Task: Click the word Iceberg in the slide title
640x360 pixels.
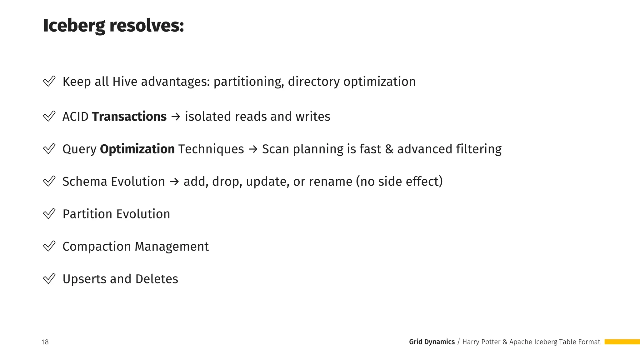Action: (74, 26)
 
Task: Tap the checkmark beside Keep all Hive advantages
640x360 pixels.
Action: (49, 81)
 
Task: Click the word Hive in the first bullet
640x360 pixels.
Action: (125, 82)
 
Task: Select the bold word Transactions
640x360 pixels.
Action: (129, 117)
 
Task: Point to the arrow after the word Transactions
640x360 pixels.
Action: (176, 117)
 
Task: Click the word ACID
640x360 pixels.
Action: (75, 117)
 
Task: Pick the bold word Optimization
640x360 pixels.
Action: (137, 149)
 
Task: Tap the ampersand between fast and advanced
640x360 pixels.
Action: (389, 149)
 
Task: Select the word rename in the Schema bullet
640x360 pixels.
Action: (331, 182)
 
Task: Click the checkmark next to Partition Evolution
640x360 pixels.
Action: (49, 214)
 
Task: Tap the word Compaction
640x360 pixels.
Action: (97, 247)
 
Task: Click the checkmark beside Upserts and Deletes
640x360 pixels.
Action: (49, 279)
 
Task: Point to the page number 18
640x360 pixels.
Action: (45, 342)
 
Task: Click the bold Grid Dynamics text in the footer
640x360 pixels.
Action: (432, 342)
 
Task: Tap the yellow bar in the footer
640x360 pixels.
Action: (622, 342)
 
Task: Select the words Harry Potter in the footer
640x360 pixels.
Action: (481, 342)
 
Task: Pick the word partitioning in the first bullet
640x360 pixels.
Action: (248, 82)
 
